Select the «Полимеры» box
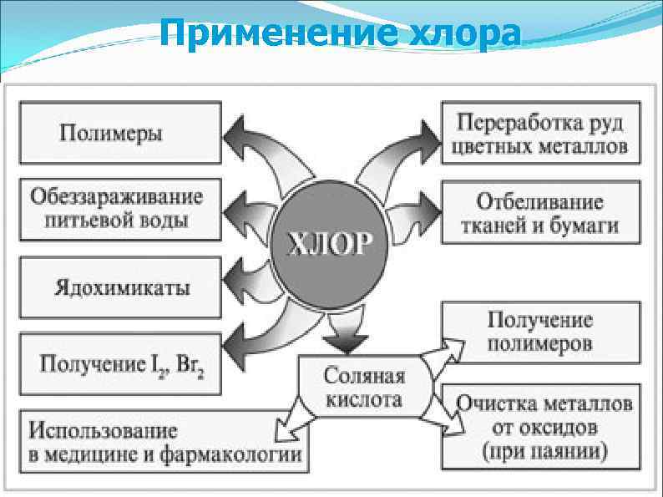[121, 132]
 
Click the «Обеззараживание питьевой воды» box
[121, 208]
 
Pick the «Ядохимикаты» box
[121, 288]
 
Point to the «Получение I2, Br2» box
[121, 365]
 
